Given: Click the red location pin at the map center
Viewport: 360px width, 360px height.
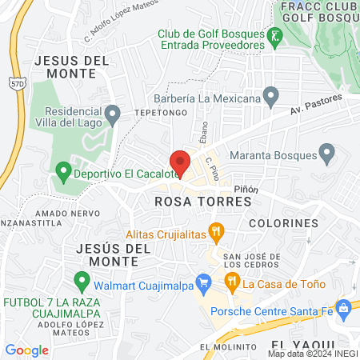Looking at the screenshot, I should coord(180,163).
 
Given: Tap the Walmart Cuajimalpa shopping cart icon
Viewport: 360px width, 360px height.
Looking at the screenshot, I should coord(203,281).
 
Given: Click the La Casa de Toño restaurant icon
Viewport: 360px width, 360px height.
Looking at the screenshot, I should coord(232,281).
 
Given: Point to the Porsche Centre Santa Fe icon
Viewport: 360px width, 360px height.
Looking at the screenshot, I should coord(344,307).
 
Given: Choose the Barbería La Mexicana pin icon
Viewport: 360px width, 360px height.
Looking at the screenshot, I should coord(271,98).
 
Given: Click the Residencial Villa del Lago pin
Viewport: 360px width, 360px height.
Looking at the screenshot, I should coord(114,117).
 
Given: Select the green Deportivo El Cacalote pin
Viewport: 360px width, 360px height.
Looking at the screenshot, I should coord(63,171).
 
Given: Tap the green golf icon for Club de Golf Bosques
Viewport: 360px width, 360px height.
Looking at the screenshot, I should coord(275,36).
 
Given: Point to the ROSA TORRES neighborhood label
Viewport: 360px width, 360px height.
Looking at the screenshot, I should coord(191,202).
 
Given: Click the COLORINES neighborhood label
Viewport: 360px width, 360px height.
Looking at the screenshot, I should coord(283,222).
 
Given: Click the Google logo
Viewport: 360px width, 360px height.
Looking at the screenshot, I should coord(26,350).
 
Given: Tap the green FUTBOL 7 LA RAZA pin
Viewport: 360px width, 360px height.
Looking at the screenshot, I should coord(80,281).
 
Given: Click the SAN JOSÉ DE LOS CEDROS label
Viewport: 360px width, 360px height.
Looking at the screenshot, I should coord(251,261).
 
